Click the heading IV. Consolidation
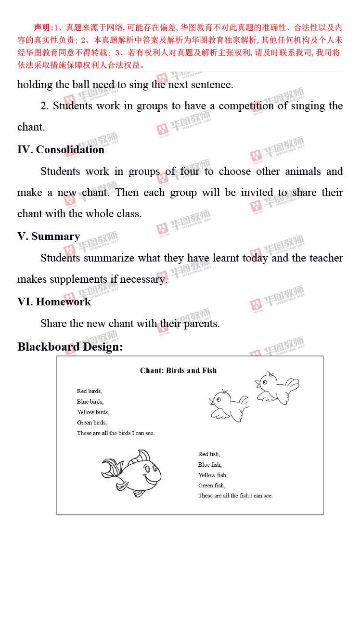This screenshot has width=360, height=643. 61,149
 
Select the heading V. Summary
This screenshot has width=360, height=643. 49,236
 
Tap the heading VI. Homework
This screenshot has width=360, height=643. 54,302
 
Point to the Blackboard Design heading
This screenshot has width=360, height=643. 70,347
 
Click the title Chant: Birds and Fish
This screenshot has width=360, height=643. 178,370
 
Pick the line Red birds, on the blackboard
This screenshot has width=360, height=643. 89,391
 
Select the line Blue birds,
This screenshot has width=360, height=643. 90,402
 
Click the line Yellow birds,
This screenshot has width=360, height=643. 93,412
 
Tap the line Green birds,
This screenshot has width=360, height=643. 91,423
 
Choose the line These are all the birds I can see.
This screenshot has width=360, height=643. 116,433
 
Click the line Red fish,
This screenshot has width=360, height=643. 209,454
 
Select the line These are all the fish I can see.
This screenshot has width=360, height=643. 235,496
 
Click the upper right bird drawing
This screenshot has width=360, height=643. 276,386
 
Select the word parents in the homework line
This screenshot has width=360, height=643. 201,323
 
